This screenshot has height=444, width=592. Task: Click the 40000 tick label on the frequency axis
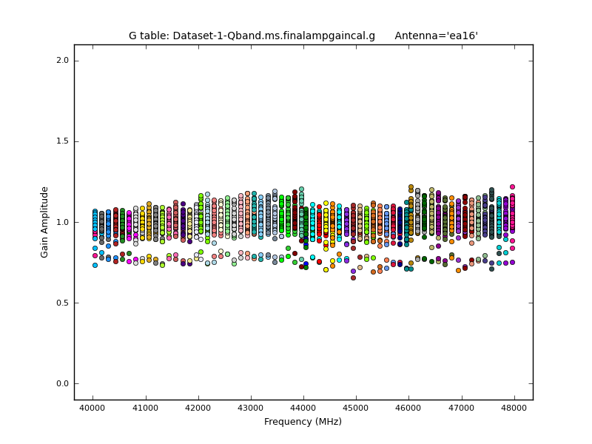tap(92, 408)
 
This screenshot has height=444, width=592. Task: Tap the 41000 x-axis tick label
tap(145, 408)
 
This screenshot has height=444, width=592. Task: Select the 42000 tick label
tap(198, 408)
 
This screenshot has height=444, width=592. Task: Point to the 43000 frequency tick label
tap(251, 408)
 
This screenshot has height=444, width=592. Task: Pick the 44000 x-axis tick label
tap(303, 408)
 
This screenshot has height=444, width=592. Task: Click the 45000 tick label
tap(356, 408)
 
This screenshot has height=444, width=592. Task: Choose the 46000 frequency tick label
tap(409, 408)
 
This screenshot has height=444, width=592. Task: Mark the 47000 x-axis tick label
tap(462, 408)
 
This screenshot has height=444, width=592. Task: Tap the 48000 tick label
tap(514, 408)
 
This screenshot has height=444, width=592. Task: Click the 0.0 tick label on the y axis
tap(61, 383)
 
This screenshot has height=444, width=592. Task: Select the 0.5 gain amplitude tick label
tap(61, 303)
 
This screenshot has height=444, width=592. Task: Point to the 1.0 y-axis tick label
tap(61, 222)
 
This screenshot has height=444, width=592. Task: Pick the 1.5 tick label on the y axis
tap(61, 141)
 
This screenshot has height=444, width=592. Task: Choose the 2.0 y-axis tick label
tap(61, 61)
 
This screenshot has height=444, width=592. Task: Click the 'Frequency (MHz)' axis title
tap(303, 422)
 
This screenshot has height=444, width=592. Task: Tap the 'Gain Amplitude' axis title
tap(44, 222)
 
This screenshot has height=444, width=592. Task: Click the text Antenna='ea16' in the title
tap(436, 36)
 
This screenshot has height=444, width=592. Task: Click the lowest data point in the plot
tap(353, 277)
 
